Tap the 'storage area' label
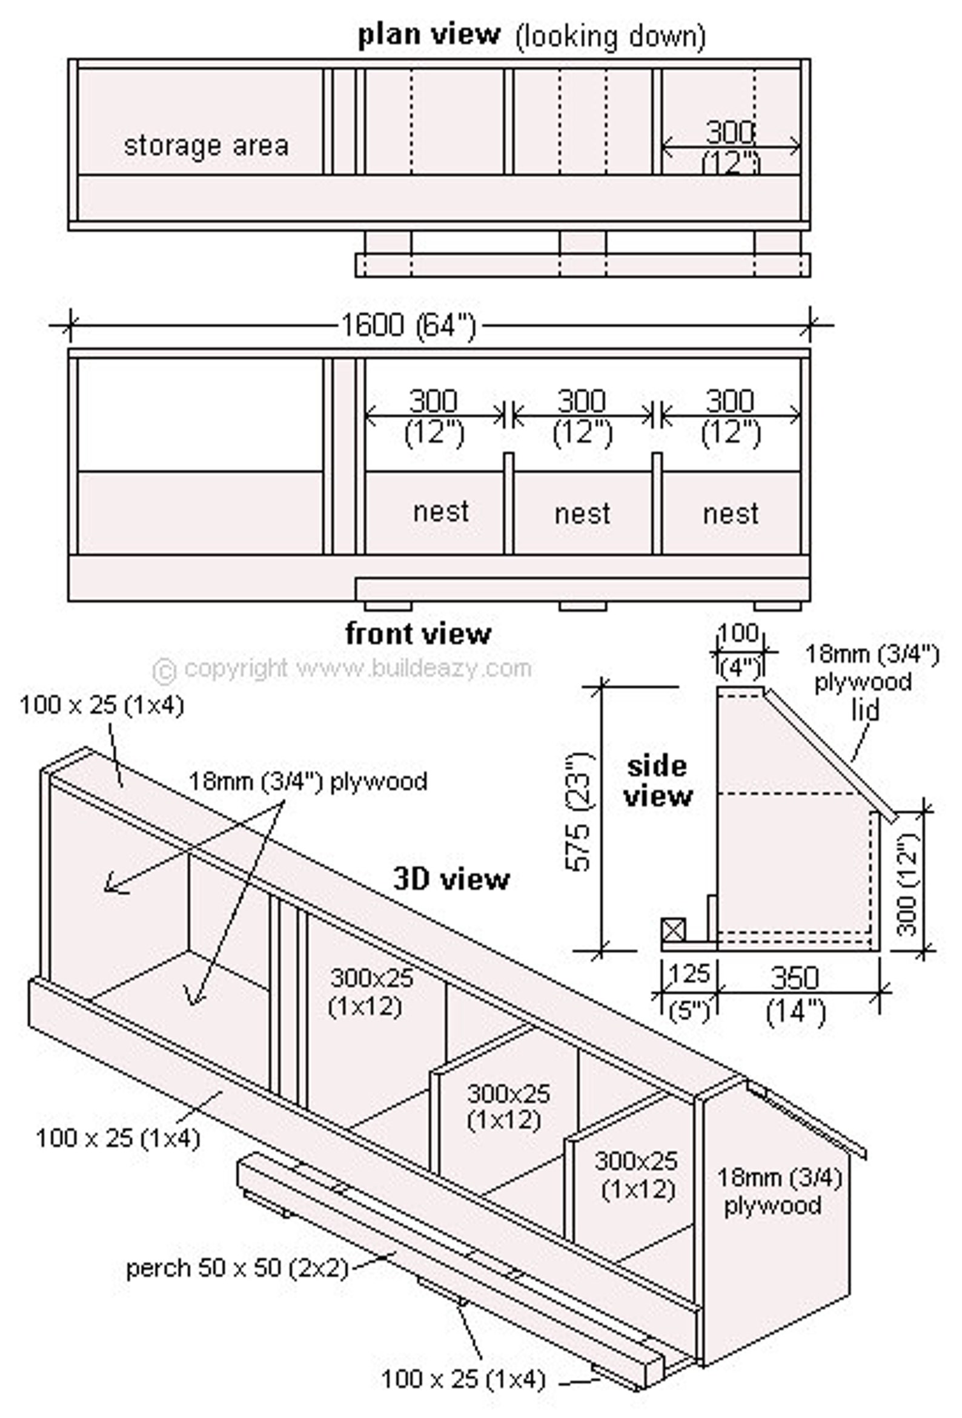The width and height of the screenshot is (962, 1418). pyautogui.click(x=206, y=146)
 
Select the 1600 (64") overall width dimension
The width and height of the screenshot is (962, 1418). pyautogui.click(x=407, y=325)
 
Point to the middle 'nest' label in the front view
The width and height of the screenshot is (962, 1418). pyautogui.click(x=582, y=514)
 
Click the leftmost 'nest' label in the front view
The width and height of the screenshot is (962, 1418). pyautogui.click(x=440, y=511)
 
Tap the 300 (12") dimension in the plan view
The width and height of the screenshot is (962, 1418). pyautogui.click(x=730, y=147)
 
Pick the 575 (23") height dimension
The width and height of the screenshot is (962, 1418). pyautogui.click(x=578, y=811)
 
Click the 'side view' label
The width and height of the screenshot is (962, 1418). pyautogui.click(x=657, y=781)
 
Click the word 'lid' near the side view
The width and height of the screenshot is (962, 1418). pyautogui.click(x=865, y=710)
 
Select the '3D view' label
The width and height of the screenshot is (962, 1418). pyautogui.click(x=451, y=879)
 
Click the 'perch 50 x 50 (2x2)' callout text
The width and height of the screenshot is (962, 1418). pyautogui.click(x=236, y=1268)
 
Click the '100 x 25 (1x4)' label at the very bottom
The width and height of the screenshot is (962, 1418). pyautogui.click(x=462, y=1378)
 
